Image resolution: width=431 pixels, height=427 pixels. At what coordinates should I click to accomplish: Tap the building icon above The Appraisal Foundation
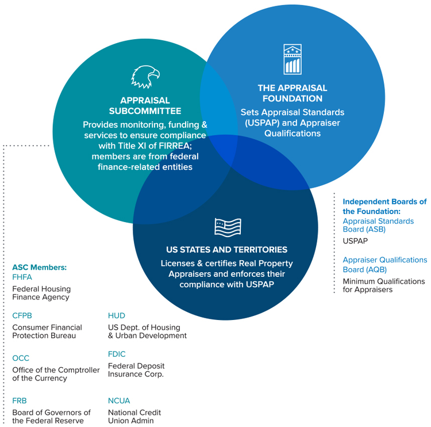293,59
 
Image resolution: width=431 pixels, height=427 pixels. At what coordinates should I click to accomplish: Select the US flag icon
227,227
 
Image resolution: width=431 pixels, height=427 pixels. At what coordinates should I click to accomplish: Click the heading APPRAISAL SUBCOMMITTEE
145,105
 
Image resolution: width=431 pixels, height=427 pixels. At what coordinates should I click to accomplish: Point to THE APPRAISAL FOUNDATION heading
292,93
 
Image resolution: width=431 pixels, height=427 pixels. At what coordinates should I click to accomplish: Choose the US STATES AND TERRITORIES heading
226,250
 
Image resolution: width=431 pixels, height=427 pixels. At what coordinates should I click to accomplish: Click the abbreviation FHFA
21,277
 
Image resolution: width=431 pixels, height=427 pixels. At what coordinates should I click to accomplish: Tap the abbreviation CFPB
22,315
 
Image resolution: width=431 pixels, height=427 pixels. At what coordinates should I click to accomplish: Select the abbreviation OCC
21,358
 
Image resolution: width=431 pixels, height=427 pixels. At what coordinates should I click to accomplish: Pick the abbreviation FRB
20,401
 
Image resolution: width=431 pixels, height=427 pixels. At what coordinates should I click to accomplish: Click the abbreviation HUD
116,315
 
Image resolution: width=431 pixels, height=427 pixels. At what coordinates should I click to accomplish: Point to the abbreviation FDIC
117,354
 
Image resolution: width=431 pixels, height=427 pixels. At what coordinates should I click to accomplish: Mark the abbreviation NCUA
119,401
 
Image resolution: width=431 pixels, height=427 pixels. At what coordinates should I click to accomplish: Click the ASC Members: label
40,268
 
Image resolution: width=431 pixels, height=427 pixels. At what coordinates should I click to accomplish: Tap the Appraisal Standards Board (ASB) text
378,225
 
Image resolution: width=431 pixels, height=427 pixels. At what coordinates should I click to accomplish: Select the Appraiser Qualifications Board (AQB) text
384,264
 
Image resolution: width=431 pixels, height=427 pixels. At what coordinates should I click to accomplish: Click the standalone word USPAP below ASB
355,241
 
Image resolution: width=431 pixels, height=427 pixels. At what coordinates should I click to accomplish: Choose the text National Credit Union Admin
134,417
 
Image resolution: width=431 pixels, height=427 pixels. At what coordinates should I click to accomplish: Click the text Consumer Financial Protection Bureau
47,331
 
